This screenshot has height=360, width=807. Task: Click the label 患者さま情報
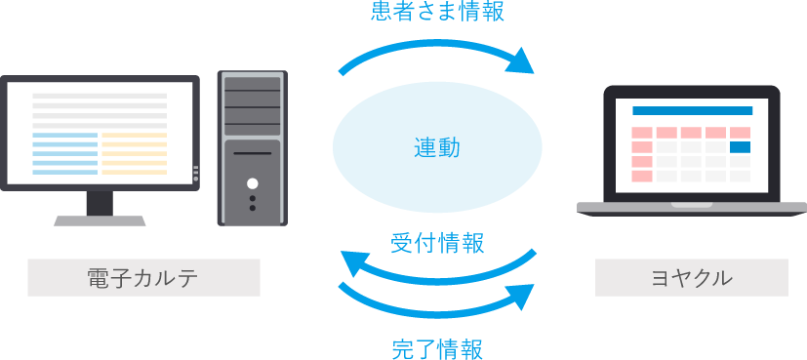[438, 13]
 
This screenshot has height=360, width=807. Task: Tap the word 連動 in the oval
[436, 148]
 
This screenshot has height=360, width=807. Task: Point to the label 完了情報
[437, 348]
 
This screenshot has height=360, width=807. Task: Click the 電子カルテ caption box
[143, 277]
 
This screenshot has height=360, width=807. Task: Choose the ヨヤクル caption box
[691, 277]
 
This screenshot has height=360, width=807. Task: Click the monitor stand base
[100, 220]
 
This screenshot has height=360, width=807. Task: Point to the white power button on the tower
[253, 182]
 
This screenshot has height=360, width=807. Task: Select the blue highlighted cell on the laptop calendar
[740, 147]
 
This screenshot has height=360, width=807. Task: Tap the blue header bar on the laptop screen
[692, 111]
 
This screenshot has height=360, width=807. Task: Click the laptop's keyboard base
[692, 207]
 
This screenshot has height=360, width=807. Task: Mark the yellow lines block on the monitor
[134, 154]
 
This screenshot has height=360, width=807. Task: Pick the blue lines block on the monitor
[65, 154]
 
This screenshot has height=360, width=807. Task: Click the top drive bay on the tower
[253, 85]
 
